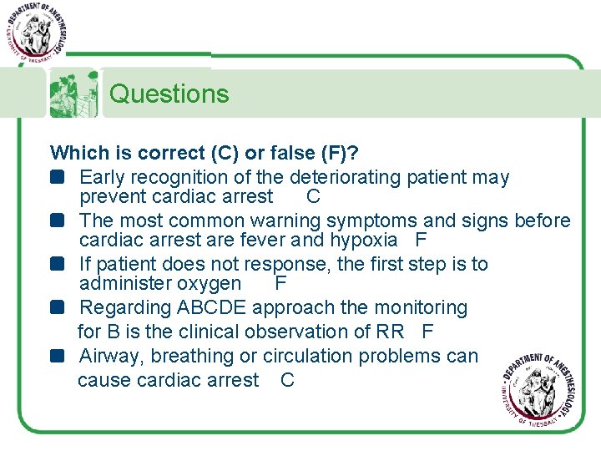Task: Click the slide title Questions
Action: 169,94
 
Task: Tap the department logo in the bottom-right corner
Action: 543,387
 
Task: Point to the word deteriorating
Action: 345,177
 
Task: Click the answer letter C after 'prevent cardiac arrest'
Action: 313,197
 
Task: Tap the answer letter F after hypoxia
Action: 421,241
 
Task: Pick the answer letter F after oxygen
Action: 280,284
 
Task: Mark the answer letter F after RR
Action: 427,332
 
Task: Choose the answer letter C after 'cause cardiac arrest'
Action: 287,380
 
